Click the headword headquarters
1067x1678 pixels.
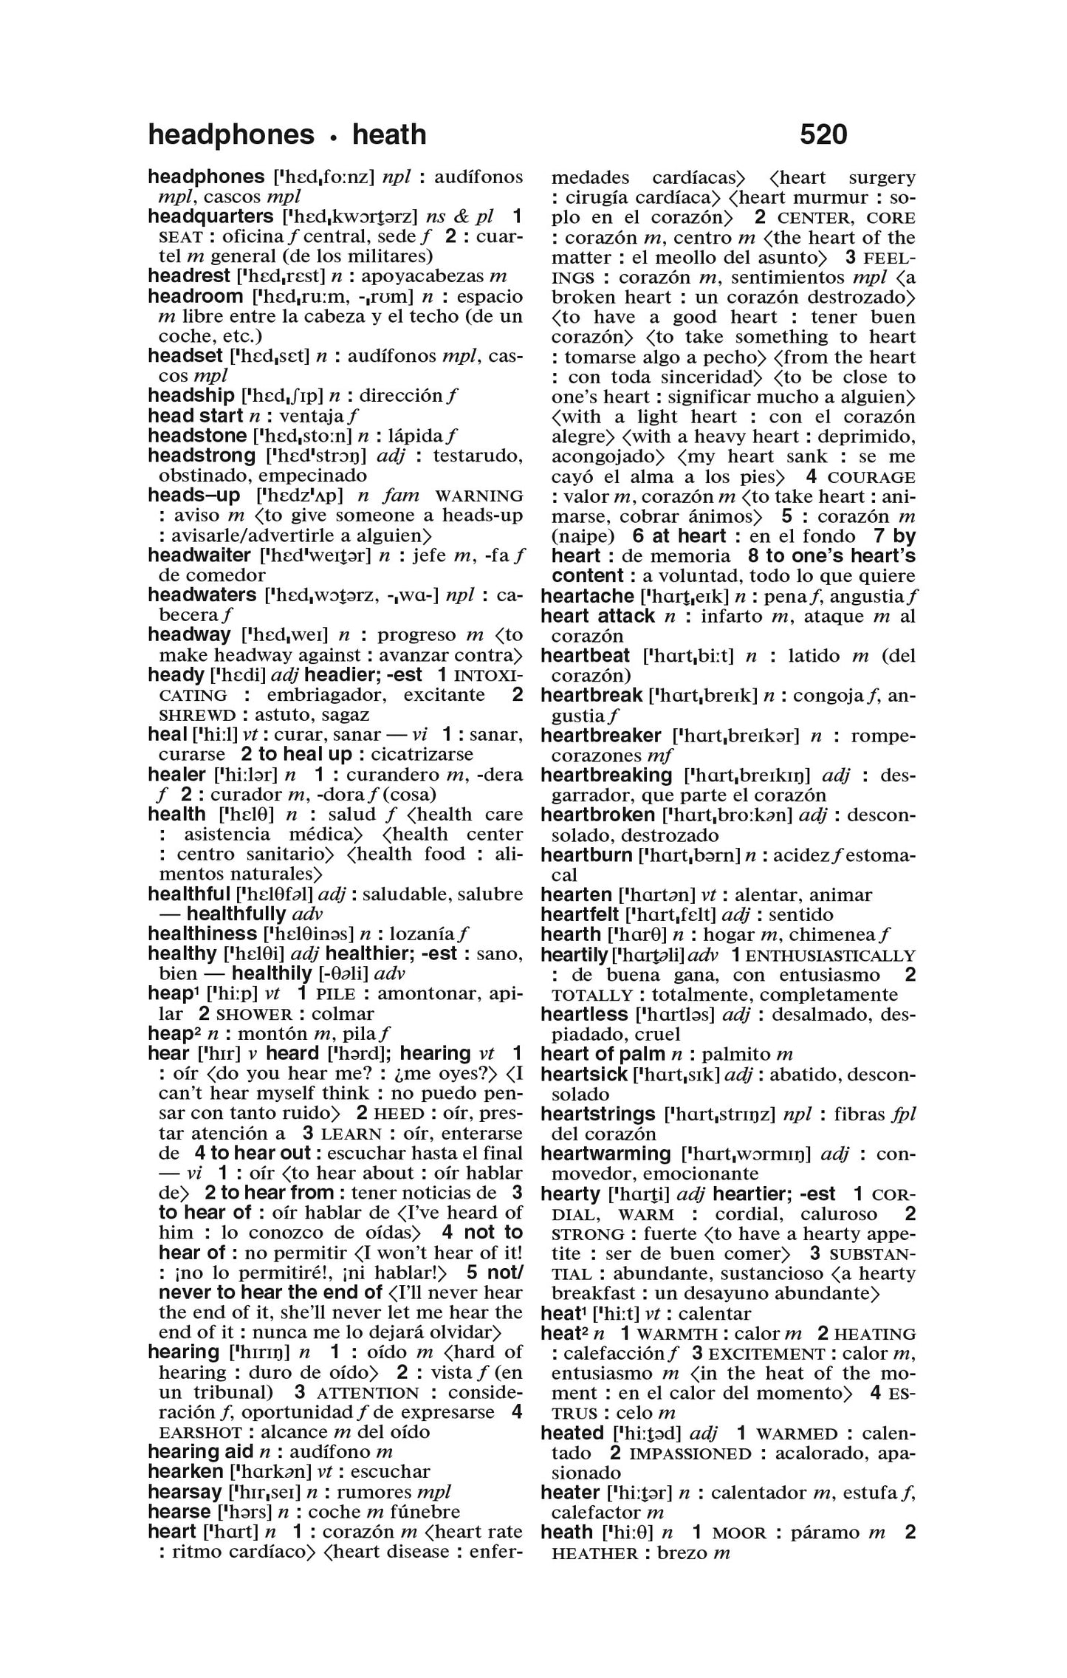(x=210, y=216)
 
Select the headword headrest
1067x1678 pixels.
(x=189, y=276)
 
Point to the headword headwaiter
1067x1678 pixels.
(x=199, y=555)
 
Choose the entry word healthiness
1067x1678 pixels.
(x=202, y=934)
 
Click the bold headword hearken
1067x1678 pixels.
(x=185, y=1471)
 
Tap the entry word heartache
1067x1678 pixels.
(x=587, y=596)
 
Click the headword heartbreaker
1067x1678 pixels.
(x=600, y=736)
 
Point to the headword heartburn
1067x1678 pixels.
(x=587, y=855)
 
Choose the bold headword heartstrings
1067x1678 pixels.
(x=597, y=1114)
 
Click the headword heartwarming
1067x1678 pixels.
(x=605, y=1154)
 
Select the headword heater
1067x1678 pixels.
(x=569, y=1493)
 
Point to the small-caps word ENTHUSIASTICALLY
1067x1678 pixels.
(x=830, y=956)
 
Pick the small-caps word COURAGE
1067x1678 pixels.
(x=872, y=477)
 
